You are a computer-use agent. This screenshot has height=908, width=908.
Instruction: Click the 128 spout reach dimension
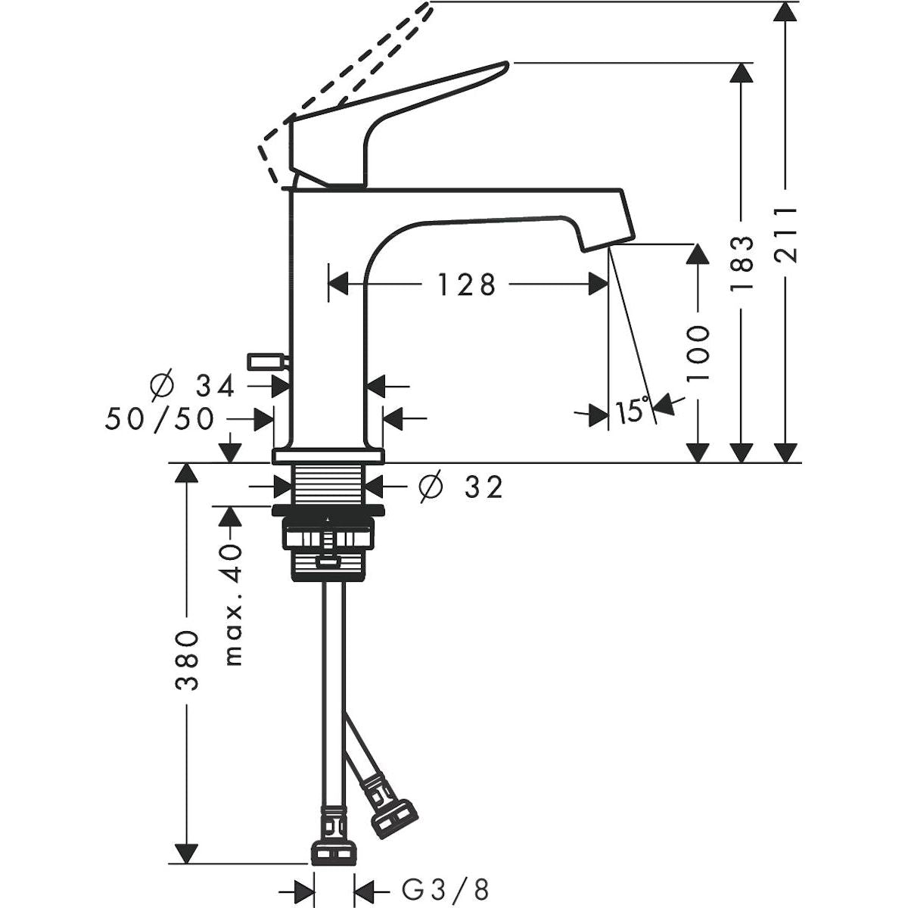coord(467,285)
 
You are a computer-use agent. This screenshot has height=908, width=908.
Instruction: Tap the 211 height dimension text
coord(785,234)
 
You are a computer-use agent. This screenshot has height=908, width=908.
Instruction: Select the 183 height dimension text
coord(742,264)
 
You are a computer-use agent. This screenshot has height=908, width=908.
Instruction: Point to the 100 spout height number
coord(698,354)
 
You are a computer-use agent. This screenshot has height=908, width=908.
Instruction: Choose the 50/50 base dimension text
coord(160,419)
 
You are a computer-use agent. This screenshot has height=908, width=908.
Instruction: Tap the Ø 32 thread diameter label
coord(461,487)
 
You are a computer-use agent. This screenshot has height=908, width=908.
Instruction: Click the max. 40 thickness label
coord(234,605)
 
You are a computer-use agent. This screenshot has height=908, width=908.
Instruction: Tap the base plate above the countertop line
coord(328,456)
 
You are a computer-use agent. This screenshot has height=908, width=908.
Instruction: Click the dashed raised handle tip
coord(428,7)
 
